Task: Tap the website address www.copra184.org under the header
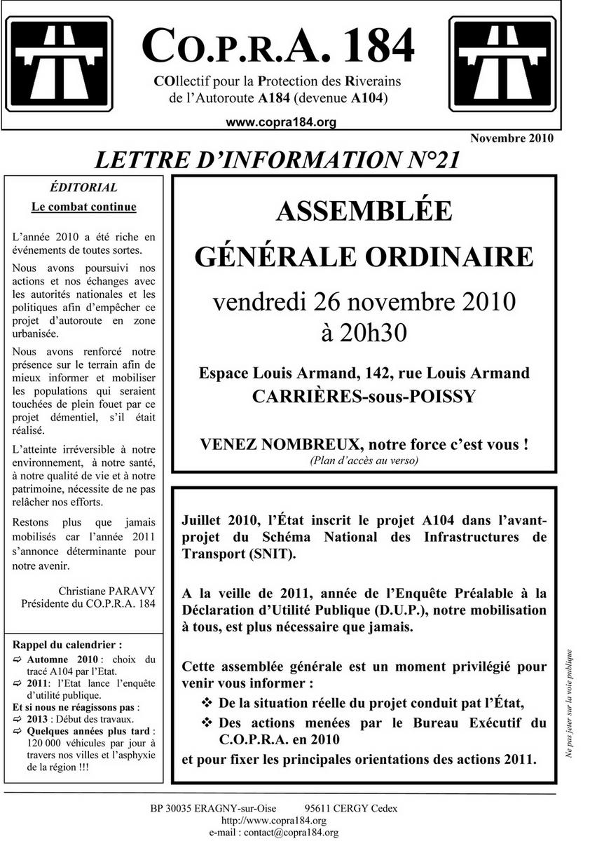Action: (x=281, y=122)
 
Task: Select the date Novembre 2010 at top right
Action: (x=512, y=138)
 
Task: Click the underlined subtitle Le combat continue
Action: (x=84, y=207)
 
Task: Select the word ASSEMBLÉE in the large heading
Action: (x=364, y=210)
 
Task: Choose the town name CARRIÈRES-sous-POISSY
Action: (x=364, y=396)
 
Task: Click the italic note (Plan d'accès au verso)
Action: (x=364, y=460)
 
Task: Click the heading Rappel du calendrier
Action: (x=67, y=644)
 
